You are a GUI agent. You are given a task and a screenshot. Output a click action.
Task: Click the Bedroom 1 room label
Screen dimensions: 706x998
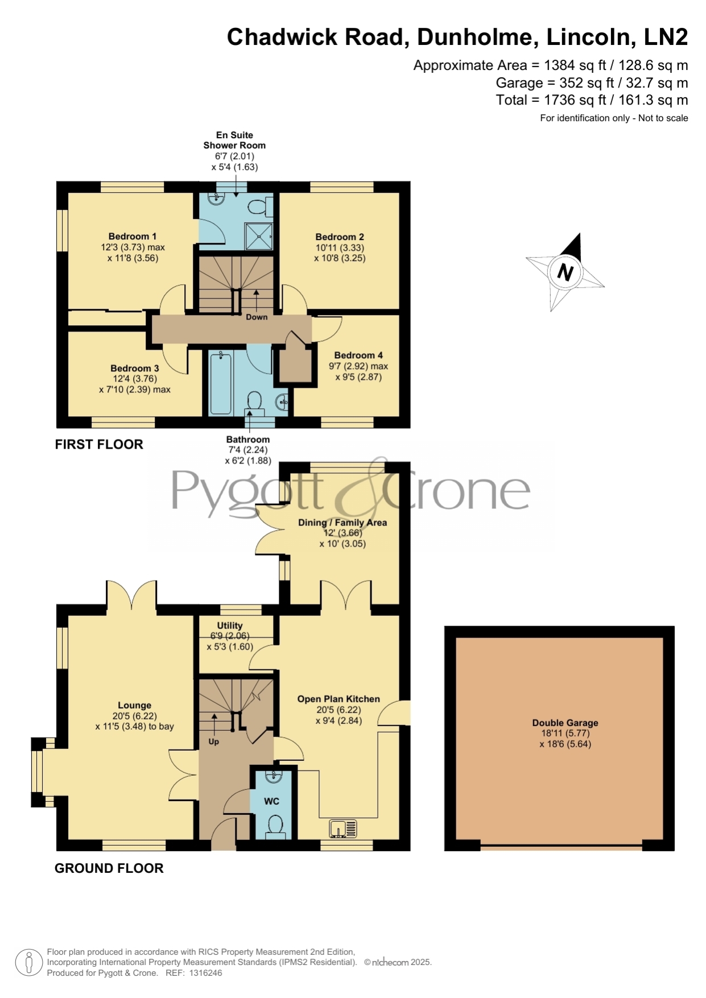click(x=133, y=237)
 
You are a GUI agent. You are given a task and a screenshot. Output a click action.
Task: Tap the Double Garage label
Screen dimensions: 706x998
click(x=565, y=723)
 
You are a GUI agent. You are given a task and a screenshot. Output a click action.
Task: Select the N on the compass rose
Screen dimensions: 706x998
click(x=565, y=272)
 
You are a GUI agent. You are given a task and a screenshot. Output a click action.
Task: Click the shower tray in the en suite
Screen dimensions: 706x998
click(x=259, y=235)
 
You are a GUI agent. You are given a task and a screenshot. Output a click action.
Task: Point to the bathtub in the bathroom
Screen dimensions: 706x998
click(x=221, y=383)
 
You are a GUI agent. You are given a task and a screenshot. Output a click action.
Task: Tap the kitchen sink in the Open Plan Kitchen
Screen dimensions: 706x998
click(x=344, y=828)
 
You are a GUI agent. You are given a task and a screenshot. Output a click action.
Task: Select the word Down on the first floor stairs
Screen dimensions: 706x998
click(x=257, y=317)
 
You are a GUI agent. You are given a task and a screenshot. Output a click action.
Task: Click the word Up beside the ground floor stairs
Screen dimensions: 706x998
click(x=214, y=742)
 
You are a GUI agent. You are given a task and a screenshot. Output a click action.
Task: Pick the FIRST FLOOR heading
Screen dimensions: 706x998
click(x=99, y=445)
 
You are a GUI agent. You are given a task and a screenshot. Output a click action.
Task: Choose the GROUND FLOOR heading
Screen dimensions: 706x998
click(x=109, y=868)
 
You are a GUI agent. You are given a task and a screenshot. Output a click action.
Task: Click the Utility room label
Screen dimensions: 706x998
click(x=230, y=626)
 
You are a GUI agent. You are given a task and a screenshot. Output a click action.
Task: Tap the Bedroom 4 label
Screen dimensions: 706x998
click(x=358, y=355)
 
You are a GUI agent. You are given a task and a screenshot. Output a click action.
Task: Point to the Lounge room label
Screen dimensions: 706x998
click(x=135, y=705)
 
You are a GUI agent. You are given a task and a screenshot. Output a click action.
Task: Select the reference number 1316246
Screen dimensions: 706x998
click(x=205, y=973)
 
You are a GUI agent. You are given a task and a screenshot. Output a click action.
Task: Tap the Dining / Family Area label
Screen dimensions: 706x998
click(x=342, y=523)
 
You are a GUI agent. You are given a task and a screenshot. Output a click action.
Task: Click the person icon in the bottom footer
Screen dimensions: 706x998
click(x=28, y=963)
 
